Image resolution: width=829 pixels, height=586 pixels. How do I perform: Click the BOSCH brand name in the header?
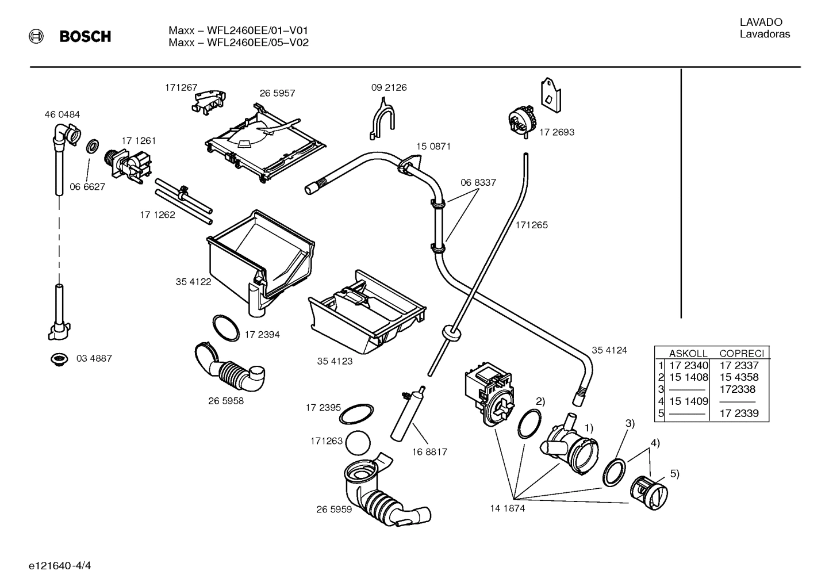(x=85, y=37)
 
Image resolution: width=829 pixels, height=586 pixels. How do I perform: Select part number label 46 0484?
(x=62, y=114)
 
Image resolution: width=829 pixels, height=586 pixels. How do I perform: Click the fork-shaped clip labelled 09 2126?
(x=382, y=117)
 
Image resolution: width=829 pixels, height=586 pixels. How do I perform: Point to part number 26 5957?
(x=277, y=93)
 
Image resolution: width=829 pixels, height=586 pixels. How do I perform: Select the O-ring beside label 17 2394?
(x=226, y=328)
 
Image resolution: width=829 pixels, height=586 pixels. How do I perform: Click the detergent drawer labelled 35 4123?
(x=367, y=313)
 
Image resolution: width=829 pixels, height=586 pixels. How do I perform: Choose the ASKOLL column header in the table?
(x=688, y=354)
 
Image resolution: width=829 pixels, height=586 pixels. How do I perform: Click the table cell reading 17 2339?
(x=739, y=413)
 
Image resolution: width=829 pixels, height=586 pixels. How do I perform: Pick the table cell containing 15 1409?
(x=688, y=401)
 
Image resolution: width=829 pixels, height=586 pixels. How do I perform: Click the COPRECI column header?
(x=742, y=354)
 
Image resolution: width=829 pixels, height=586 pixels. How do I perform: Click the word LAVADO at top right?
(x=761, y=22)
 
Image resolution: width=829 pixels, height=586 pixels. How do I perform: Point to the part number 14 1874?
(x=507, y=508)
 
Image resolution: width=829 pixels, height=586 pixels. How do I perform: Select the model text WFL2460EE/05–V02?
(x=239, y=43)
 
